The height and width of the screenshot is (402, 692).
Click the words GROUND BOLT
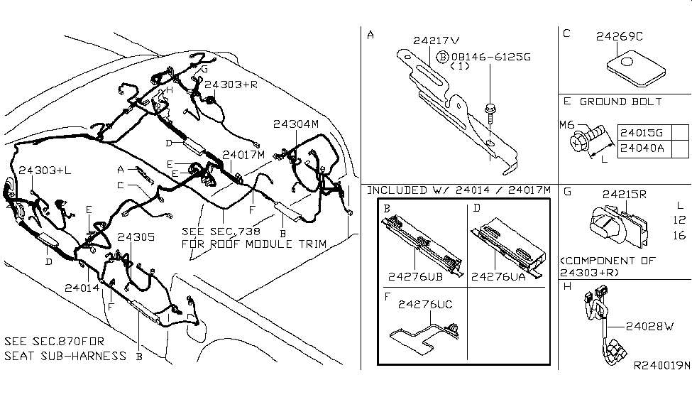click(620, 102)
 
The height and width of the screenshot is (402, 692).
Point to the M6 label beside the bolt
click(566, 125)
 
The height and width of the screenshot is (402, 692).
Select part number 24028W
click(649, 327)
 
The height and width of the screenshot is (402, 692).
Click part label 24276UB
click(416, 277)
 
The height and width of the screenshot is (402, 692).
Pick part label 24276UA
click(500, 277)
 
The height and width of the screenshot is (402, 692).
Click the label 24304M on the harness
click(296, 124)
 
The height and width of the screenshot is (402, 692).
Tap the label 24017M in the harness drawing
click(244, 154)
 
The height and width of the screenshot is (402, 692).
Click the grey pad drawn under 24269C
click(636, 68)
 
